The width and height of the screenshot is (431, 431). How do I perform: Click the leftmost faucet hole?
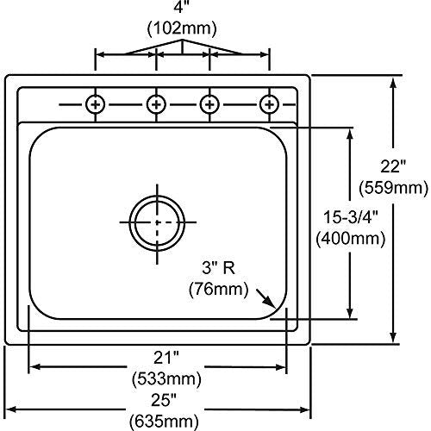point(96,104)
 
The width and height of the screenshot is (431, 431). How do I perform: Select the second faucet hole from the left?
point(156,104)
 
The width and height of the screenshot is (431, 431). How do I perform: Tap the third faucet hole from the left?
point(209,104)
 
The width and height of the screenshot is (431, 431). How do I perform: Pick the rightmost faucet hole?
point(269,104)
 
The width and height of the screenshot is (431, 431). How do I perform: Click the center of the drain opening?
point(157,222)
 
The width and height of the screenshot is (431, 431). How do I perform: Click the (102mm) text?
point(182,28)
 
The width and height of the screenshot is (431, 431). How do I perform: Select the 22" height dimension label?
point(393,166)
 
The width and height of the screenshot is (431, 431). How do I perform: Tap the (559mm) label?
point(393,188)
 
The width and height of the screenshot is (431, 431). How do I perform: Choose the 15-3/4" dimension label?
point(351,217)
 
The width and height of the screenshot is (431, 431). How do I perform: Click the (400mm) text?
point(351,238)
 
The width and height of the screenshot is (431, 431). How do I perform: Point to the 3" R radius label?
point(218,268)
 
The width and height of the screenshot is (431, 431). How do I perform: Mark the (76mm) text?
point(218,289)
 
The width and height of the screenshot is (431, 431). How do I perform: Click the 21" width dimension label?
point(166,358)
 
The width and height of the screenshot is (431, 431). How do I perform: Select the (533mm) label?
point(166,379)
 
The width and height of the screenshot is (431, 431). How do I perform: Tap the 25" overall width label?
point(164,400)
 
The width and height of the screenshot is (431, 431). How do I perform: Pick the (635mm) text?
point(164,422)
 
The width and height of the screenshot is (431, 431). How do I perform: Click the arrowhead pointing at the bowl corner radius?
point(271,303)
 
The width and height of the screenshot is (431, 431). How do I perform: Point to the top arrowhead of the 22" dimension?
point(393,83)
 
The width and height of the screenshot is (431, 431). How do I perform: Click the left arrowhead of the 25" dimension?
point(11,409)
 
